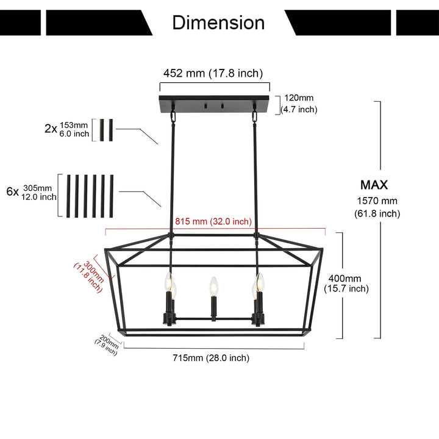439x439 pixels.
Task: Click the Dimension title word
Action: coord(218,23)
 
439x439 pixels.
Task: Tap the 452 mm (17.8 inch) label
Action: coord(213,73)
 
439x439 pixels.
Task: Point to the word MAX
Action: coord(374,185)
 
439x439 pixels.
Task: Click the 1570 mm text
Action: coord(377,201)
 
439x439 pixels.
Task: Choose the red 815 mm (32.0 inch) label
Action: coord(213,222)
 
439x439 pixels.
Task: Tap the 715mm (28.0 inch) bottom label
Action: coord(210,358)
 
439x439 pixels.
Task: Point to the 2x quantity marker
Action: coord(51,129)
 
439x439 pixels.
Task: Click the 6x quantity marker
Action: coord(12,191)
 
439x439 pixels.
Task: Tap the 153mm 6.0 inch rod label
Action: coord(74,129)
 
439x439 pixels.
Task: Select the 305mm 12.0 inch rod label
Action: coord(40,191)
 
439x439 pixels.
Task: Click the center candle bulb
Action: coord(213,287)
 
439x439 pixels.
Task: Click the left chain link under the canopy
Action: coord(173,115)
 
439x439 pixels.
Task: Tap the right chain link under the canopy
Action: coord(254,115)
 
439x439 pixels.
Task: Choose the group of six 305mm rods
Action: coord(90,195)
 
